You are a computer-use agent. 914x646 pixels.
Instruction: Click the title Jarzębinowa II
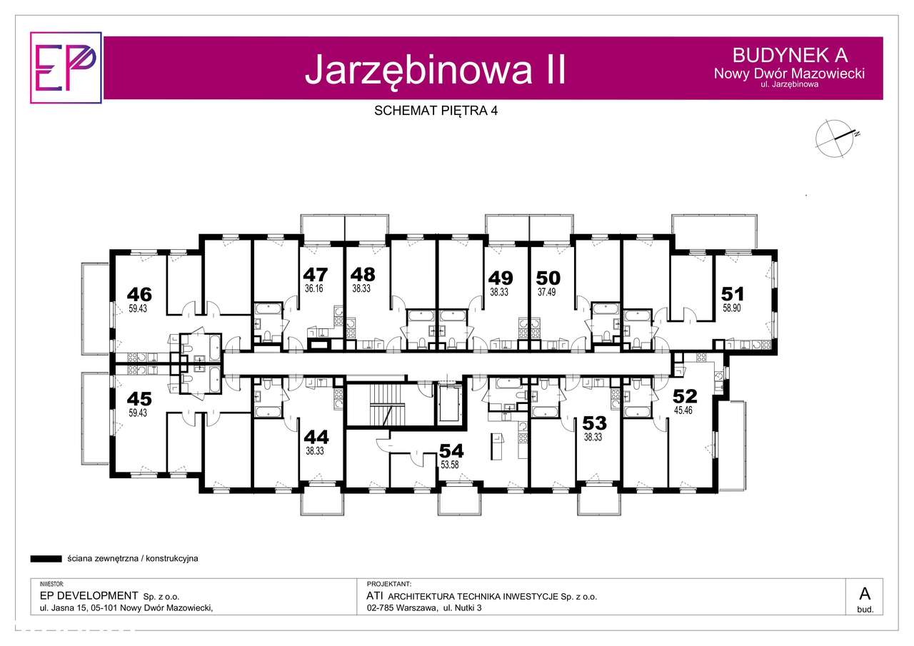click(x=435, y=69)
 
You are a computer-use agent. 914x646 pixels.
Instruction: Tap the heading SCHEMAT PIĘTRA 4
click(x=436, y=111)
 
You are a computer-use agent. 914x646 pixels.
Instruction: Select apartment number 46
click(x=139, y=293)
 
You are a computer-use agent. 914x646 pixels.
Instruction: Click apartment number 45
click(x=139, y=398)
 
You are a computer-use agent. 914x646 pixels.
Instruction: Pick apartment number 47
click(x=315, y=274)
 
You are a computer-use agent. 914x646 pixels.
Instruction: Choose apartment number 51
click(x=733, y=293)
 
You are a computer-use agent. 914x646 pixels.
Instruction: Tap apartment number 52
click(x=685, y=396)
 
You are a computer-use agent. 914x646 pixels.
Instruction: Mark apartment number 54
click(x=451, y=450)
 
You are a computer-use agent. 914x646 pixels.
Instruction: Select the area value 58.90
click(x=733, y=308)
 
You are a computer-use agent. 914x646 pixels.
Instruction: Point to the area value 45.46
click(x=684, y=410)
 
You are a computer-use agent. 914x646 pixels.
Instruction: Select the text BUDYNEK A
click(x=790, y=55)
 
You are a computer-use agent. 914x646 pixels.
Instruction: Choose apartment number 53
click(x=594, y=423)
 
